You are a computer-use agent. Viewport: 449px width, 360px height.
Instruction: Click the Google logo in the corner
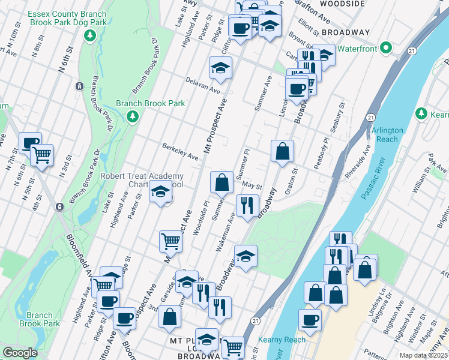point(20,353)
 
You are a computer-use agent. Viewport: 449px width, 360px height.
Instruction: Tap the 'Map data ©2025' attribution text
point(423,355)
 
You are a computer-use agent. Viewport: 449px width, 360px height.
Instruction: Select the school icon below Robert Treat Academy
point(160,193)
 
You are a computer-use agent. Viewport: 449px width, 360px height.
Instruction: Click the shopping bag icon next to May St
point(221,181)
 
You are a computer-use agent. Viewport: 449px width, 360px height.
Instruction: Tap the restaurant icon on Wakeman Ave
point(246,205)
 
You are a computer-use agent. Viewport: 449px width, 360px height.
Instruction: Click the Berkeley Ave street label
point(180,152)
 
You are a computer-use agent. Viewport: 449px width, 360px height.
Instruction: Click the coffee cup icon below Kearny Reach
point(310,320)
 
